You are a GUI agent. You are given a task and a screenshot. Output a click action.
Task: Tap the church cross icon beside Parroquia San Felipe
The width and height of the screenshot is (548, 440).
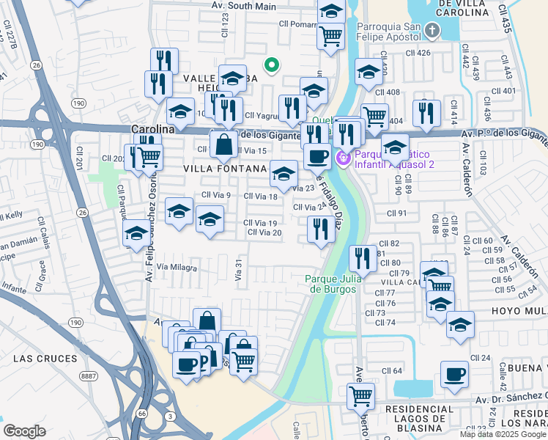pos(432,30)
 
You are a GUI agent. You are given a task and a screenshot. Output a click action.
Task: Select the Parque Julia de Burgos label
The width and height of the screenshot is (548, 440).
pos(330,283)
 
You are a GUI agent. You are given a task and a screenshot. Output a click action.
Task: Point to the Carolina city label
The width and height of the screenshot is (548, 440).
pos(152,128)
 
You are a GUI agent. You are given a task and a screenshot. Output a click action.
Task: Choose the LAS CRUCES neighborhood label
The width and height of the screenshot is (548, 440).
pos(45,359)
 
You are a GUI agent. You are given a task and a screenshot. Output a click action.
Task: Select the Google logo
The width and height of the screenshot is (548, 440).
pos(24,430)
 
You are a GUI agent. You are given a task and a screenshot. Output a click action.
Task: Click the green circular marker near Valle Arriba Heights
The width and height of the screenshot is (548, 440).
pos(271,66)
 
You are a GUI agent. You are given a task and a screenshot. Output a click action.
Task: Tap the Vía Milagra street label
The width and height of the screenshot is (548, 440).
pos(177,268)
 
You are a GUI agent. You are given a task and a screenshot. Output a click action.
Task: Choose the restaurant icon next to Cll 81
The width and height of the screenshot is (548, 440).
pos(363,257)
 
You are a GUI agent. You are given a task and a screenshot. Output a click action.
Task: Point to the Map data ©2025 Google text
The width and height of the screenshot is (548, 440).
pos(503,434)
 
